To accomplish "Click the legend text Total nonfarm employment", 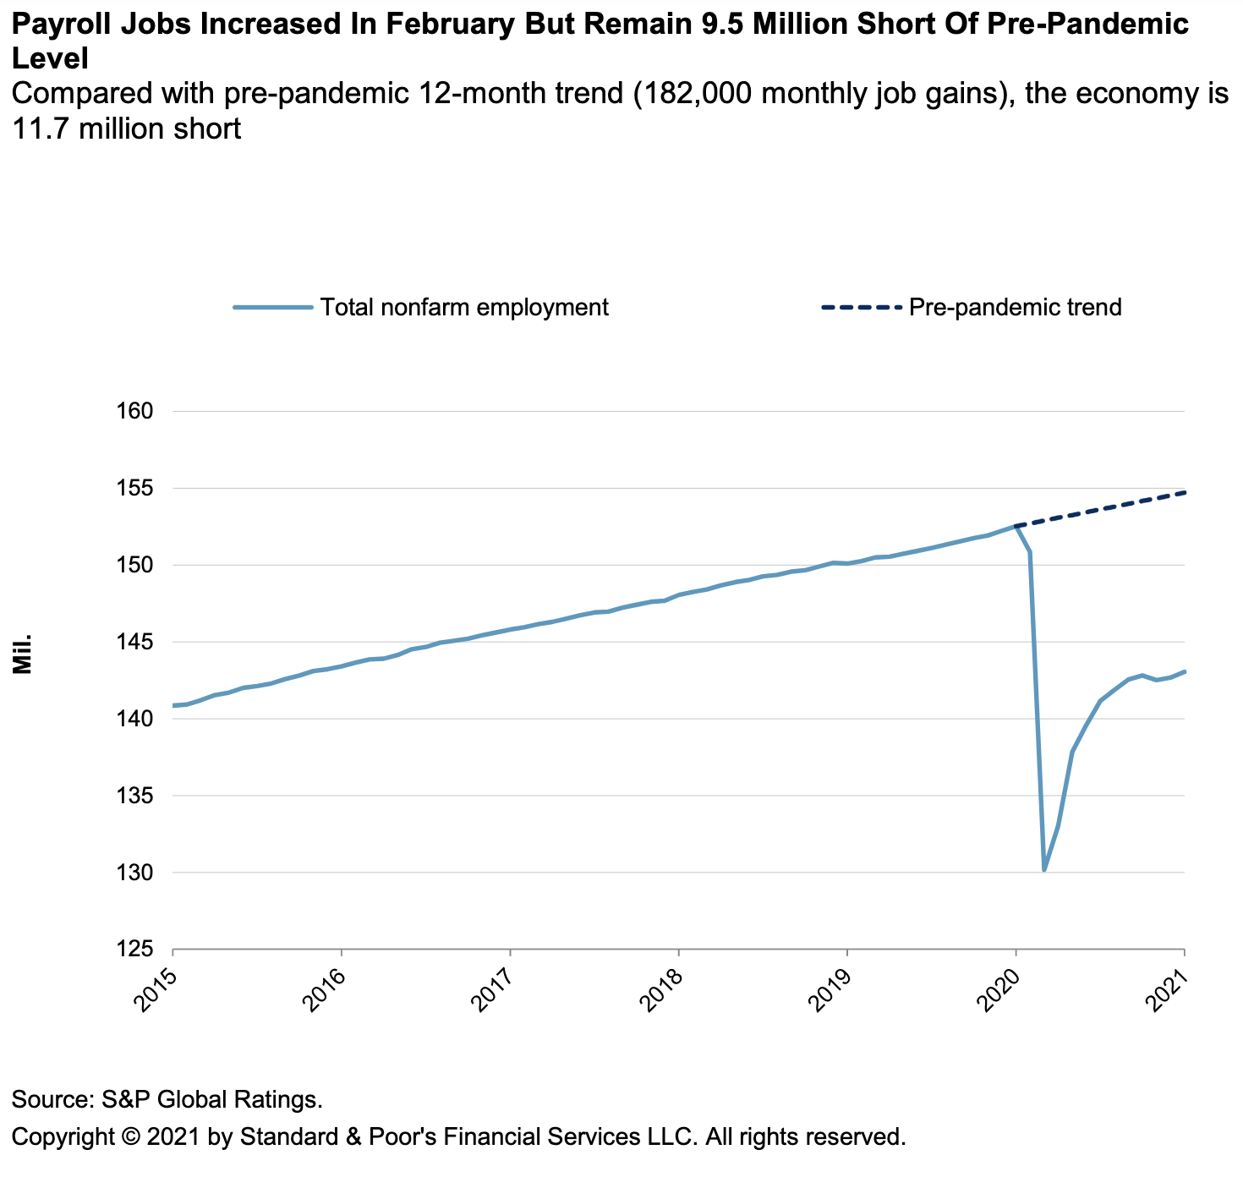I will click(x=464, y=307).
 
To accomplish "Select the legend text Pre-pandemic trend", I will click(x=1016, y=307).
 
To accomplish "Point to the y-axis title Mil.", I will click(x=23, y=653).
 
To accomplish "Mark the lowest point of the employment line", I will click(x=1044, y=870).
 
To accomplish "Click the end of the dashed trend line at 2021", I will click(x=1185, y=492).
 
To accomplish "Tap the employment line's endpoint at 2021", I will click(x=1185, y=672).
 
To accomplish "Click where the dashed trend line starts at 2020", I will click(x=1016, y=526).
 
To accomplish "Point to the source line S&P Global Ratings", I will click(x=168, y=1100).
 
